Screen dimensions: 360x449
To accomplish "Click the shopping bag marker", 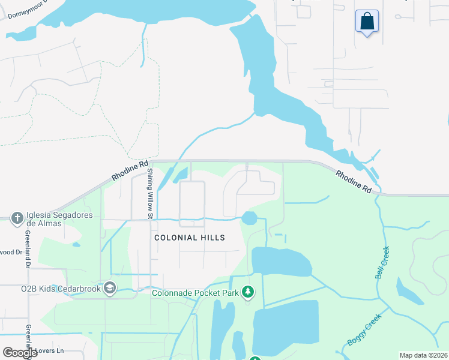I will click(x=367, y=22).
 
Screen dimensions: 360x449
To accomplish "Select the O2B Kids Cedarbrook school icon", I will click(x=109, y=289).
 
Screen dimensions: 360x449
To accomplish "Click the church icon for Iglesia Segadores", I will click(x=17, y=218).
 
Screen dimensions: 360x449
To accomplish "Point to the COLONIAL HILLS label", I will click(x=189, y=238).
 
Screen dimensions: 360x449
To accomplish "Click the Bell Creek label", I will click(x=382, y=262).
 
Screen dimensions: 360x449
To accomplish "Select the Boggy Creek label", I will click(x=364, y=331).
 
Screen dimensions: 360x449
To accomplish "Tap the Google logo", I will click(x=20, y=353).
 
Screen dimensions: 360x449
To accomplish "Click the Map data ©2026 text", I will click(x=423, y=355).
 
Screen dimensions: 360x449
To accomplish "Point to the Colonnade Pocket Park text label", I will click(x=195, y=293).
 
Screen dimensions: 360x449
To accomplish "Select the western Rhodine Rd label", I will click(x=130, y=171).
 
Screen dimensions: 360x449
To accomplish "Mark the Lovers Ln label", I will click(x=51, y=350).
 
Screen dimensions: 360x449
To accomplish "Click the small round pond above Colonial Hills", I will click(x=249, y=218).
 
